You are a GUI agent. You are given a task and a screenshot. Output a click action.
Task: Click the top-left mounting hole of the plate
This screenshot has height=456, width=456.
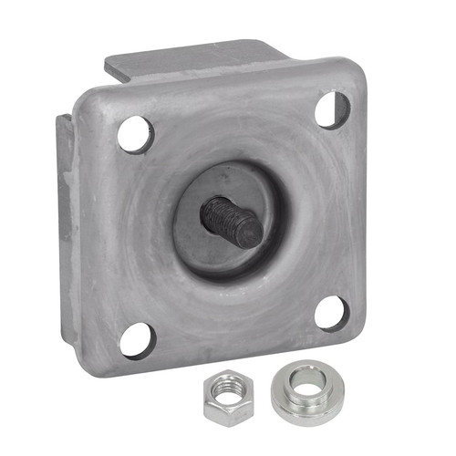coord(135,134)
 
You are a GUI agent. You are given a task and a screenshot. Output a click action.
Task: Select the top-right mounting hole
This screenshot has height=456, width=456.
coord(332,109)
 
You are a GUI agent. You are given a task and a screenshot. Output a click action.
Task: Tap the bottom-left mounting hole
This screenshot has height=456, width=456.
coord(137,340)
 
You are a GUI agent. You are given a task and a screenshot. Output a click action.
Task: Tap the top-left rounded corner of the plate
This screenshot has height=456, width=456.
coord(86,100)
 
